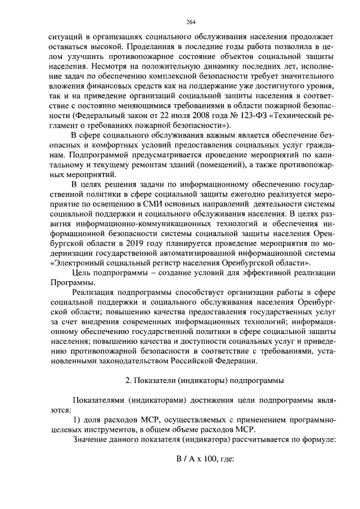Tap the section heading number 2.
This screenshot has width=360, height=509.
127,381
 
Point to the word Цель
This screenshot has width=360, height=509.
84,274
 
